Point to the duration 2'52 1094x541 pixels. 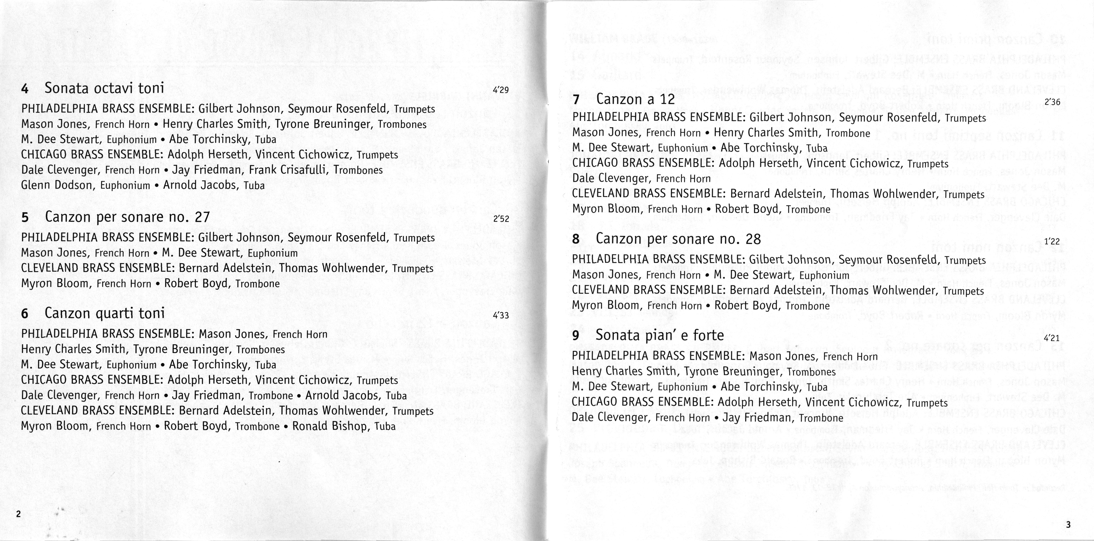pos(501,219)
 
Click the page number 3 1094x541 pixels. pos(1068,525)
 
